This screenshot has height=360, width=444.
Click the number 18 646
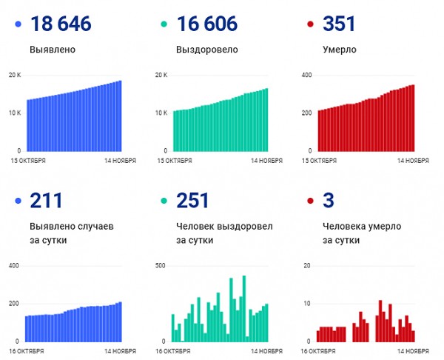61,24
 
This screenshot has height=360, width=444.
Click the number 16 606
207,24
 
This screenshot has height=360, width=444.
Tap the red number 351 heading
340,24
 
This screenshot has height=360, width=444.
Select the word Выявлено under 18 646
53,50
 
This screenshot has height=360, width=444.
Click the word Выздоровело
207,50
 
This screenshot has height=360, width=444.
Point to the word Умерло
340,50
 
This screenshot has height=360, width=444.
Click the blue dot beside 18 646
18,24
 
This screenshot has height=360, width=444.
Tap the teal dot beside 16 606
165,24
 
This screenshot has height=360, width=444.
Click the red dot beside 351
312,24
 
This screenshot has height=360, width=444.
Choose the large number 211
47,200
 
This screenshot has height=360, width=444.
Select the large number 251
193,200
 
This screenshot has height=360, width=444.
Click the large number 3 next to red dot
330,200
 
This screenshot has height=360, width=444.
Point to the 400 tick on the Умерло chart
306,75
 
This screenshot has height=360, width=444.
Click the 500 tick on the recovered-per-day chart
160,264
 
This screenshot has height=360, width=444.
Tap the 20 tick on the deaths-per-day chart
307,264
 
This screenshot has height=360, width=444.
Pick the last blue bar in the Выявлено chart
120,116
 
